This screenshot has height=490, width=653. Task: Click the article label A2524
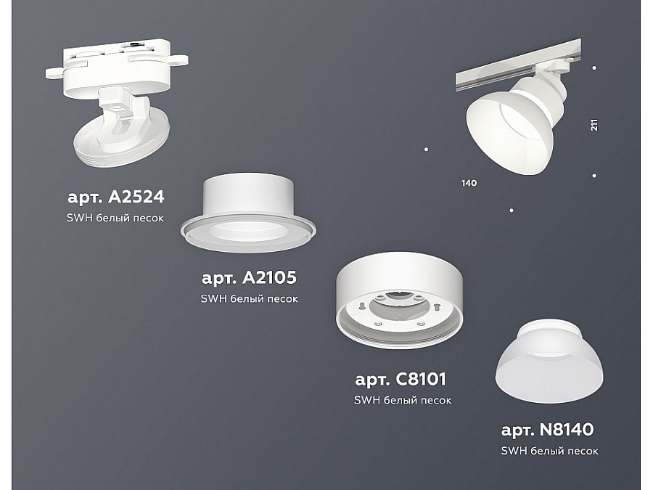pyautogui.click(x=116, y=197)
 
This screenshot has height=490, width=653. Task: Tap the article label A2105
pyautogui.click(x=249, y=277)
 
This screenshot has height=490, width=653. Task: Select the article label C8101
pyautogui.click(x=401, y=379)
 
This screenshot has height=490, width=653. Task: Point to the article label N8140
pyautogui.click(x=547, y=430)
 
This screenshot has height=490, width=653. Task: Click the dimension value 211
pyautogui.click(x=594, y=125)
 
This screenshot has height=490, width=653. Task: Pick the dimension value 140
pyautogui.click(x=469, y=183)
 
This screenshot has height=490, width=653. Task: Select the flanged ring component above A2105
pyautogui.click(x=248, y=213)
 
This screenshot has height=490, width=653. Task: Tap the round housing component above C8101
pyautogui.click(x=399, y=300)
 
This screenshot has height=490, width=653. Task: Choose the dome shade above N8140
pyautogui.click(x=549, y=361)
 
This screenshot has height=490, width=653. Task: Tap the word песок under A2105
pyautogui.click(x=282, y=299)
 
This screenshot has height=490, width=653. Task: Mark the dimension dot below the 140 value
pyautogui.click(x=512, y=211)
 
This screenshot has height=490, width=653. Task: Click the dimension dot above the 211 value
pyautogui.click(x=594, y=68)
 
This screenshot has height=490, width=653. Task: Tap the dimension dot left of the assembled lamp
pyautogui.click(x=426, y=149)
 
